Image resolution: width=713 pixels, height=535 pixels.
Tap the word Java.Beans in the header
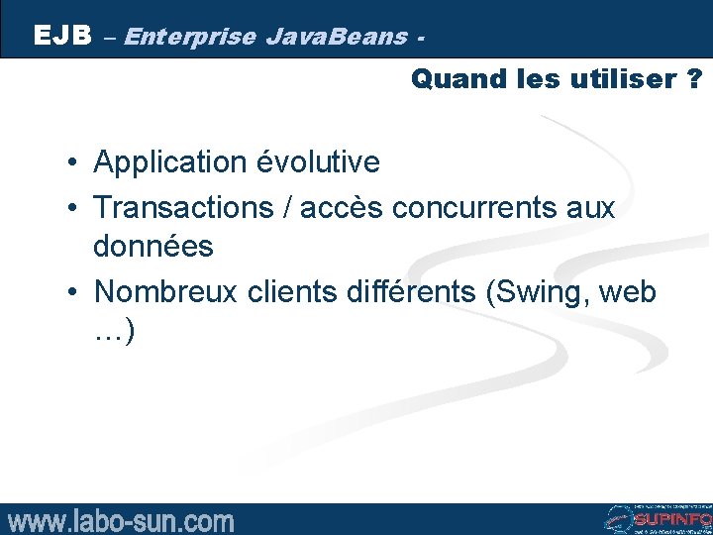[337, 38]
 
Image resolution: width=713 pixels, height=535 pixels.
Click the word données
[153, 246]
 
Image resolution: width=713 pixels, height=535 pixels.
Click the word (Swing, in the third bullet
[555, 292]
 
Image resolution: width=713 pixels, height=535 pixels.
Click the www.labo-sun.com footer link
[121, 520]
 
